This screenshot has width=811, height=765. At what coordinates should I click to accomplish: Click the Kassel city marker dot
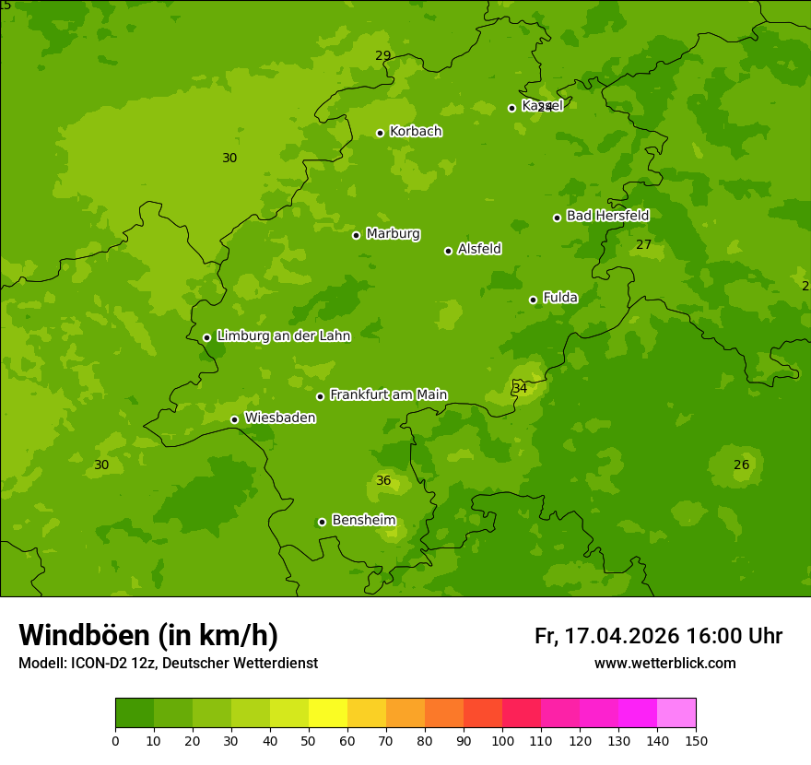tap(512, 108)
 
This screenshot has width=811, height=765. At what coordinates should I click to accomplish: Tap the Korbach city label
tap(416, 132)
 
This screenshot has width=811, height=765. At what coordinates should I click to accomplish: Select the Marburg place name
tap(393, 234)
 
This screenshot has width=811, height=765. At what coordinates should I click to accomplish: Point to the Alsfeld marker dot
tap(449, 251)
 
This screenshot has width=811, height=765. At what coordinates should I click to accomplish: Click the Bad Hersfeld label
tap(607, 216)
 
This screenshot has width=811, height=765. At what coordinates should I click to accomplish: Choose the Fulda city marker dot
tap(533, 300)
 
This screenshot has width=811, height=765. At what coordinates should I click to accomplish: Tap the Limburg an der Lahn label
tap(283, 336)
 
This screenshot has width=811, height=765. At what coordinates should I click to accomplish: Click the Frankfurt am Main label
tap(388, 395)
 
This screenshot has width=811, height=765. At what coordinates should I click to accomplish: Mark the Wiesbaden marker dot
tap(235, 419)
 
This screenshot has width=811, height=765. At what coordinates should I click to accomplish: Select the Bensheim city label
tap(363, 521)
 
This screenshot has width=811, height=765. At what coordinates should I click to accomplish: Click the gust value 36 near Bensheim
tap(383, 481)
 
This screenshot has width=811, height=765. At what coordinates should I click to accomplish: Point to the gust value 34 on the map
tap(521, 389)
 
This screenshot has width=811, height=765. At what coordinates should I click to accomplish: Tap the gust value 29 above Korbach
tap(383, 56)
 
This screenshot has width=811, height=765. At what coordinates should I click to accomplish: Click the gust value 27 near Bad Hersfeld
tap(643, 245)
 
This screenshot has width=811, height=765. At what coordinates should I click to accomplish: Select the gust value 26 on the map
tap(741, 465)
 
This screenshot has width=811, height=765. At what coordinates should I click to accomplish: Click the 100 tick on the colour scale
tap(502, 740)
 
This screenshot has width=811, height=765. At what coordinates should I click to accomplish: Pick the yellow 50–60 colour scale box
tap(328, 713)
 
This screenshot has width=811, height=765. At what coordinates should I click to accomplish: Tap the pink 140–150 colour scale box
tap(676, 713)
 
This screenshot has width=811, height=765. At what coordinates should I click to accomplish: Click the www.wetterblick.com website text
tap(664, 664)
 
